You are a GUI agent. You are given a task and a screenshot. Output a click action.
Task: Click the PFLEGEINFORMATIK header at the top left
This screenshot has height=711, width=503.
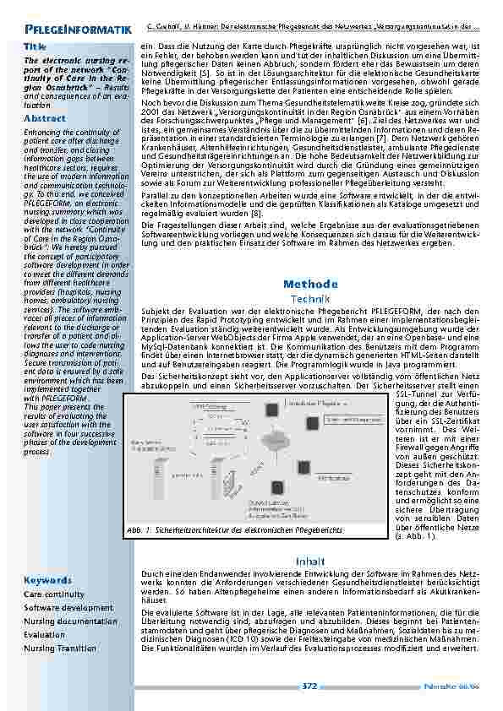point(76,30)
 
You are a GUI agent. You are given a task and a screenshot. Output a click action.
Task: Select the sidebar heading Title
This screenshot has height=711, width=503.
point(35,46)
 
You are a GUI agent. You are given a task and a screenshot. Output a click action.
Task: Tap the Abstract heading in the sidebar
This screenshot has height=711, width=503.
point(45,120)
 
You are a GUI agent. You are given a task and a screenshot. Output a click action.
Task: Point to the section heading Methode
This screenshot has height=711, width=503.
point(310,284)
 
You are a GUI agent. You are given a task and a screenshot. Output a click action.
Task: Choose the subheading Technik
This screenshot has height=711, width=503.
point(310,300)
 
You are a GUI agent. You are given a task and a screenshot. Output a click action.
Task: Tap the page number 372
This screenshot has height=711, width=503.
point(310,687)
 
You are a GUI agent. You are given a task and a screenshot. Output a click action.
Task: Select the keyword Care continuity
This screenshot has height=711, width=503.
point(54,594)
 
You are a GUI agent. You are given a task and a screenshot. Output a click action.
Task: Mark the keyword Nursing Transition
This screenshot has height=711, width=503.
point(60,649)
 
